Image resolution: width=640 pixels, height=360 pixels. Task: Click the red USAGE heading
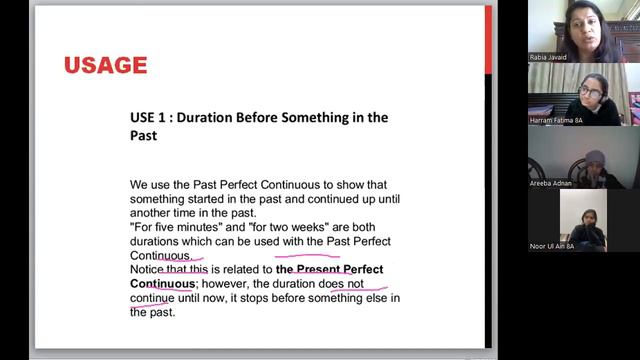pyautogui.click(x=105, y=66)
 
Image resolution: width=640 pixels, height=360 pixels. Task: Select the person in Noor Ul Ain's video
pyautogui.click(x=584, y=220)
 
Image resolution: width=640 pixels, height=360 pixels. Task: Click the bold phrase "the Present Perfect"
pyautogui.click(x=329, y=270)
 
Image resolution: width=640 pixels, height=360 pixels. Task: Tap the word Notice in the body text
pyautogui.click(x=147, y=270)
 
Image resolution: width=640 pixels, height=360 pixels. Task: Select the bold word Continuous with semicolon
pyautogui.click(x=163, y=284)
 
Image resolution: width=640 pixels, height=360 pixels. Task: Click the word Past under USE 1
pyautogui.click(x=143, y=135)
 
